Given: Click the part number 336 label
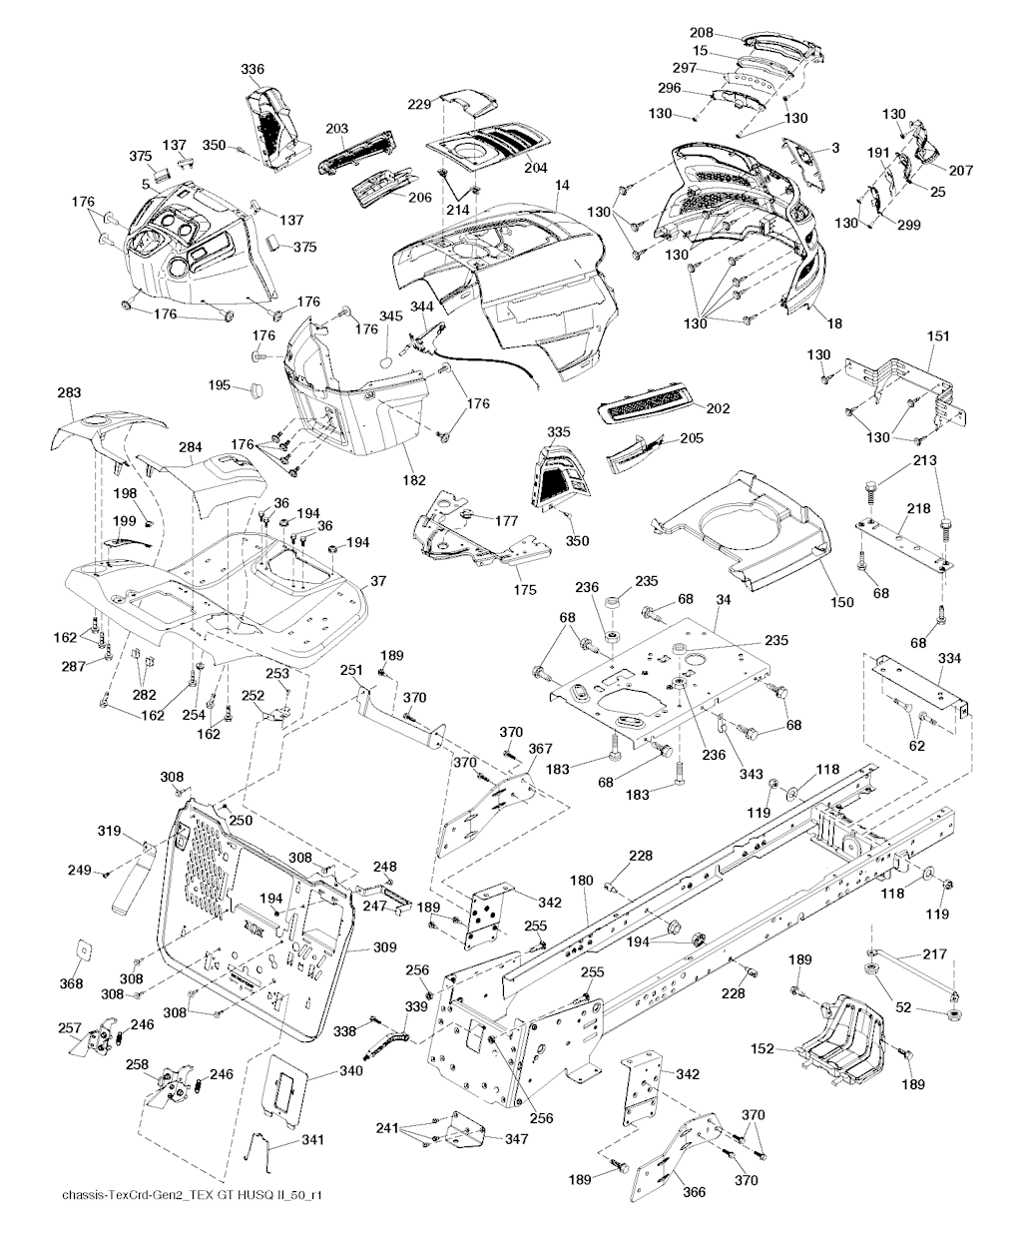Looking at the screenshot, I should [x=253, y=69].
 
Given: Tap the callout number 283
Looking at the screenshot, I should [x=69, y=393].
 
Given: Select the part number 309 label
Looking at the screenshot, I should [x=385, y=947].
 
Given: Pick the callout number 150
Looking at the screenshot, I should [x=842, y=601].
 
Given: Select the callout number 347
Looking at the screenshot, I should [x=516, y=1138].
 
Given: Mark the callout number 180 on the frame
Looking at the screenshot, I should [x=581, y=882].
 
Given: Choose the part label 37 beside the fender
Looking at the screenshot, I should [x=378, y=581].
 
